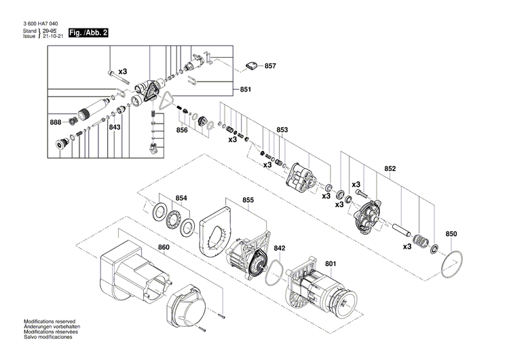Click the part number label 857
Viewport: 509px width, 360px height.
tap(270, 66)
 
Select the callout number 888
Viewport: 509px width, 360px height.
tap(55, 122)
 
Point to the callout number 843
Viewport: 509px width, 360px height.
tap(115, 127)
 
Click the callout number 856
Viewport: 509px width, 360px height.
tap(183, 130)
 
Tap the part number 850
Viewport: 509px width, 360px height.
tap(451, 234)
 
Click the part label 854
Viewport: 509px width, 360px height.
tap(181, 198)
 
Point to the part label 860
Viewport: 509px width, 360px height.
tap(164, 247)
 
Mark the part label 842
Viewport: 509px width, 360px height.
tap(279, 249)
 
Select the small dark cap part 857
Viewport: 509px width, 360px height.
tap(251, 66)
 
